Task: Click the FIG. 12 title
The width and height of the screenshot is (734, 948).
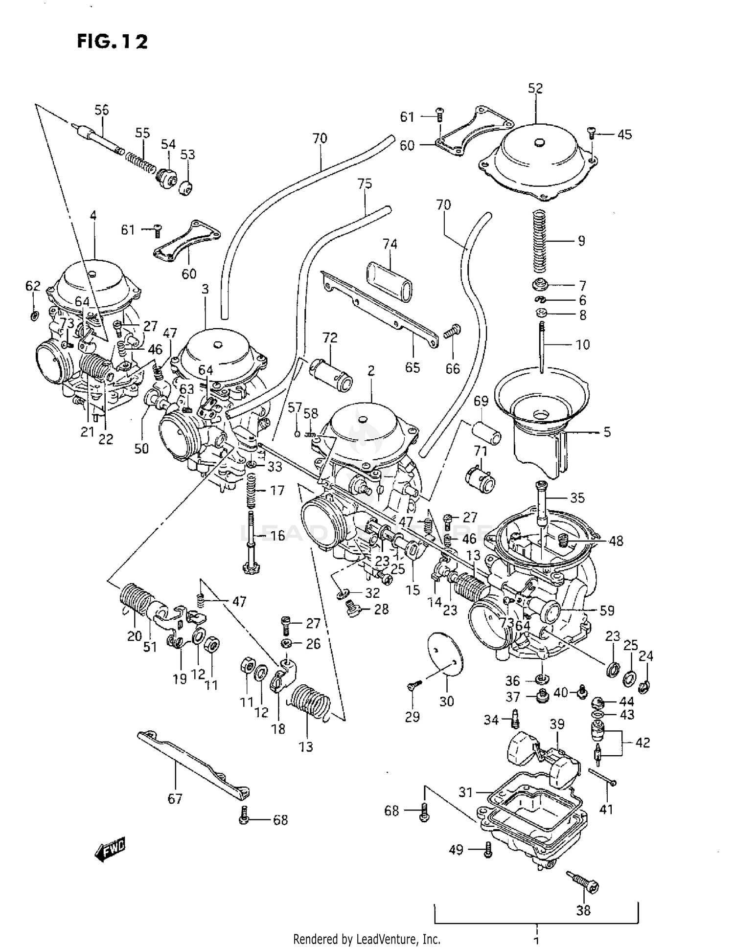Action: [x=112, y=42]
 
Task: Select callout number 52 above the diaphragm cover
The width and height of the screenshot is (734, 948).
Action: [x=535, y=89]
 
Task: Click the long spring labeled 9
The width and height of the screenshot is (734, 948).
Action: [x=539, y=241]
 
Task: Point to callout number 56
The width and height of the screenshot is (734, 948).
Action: [x=102, y=110]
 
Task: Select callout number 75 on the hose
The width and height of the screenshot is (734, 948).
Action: [x=365, y=183]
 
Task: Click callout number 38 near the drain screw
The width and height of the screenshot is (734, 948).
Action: [x=583, y=910]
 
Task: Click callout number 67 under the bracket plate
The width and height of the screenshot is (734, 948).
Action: [x=175, y=799]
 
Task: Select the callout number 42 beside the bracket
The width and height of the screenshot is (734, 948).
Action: [x=642, y=742]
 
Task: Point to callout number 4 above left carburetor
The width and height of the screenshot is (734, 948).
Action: [x=93, y=215]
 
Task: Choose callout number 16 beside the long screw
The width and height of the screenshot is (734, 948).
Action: [x=277, y=536]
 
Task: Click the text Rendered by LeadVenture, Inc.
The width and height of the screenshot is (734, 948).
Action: [x=367, y=939]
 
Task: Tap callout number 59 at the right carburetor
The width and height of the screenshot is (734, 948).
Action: [x=607, y=610]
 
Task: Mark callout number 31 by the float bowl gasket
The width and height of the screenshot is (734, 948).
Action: [x=466, y=791]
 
